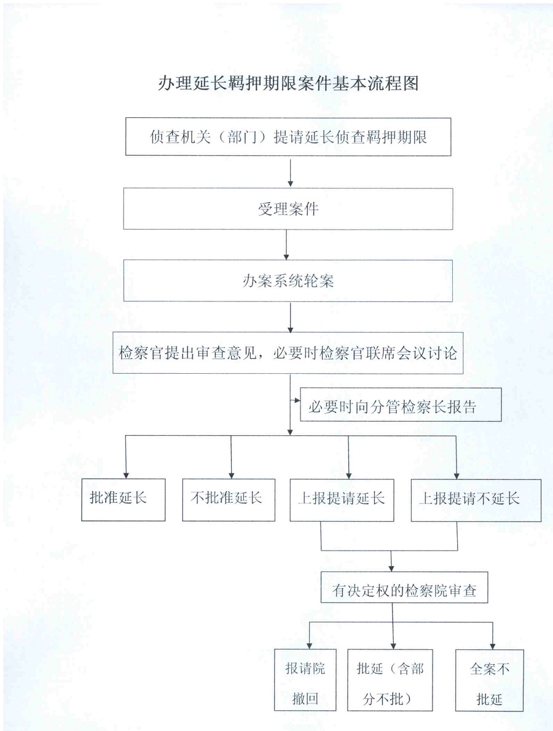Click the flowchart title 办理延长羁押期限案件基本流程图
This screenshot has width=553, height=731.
[x=288, y=83]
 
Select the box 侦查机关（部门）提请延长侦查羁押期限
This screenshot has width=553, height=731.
[x=288, y=137]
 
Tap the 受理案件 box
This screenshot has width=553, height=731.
[x=288, y=209]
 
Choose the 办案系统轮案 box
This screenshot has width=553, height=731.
[x=288, y=280]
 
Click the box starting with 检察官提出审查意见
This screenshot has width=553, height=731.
[x=288, y=353]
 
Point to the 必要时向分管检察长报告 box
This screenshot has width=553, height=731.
[x=401, y=404]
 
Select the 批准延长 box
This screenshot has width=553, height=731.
[x=124, y=500]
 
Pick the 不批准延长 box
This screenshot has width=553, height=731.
[x=229, y=500]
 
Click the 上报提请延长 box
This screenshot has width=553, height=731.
[x=342, y=500]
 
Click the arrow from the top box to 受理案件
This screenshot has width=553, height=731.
[x=291, y=172]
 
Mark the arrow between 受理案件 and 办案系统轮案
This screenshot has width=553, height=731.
[x=286, y=245]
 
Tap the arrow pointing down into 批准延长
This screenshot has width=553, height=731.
[x=125, y=457]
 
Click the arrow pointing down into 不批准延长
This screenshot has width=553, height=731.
[x=232, y=457]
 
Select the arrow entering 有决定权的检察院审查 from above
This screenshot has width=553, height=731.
[x=391, y=562]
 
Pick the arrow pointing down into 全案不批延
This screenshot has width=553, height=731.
[x=493, y=635]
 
